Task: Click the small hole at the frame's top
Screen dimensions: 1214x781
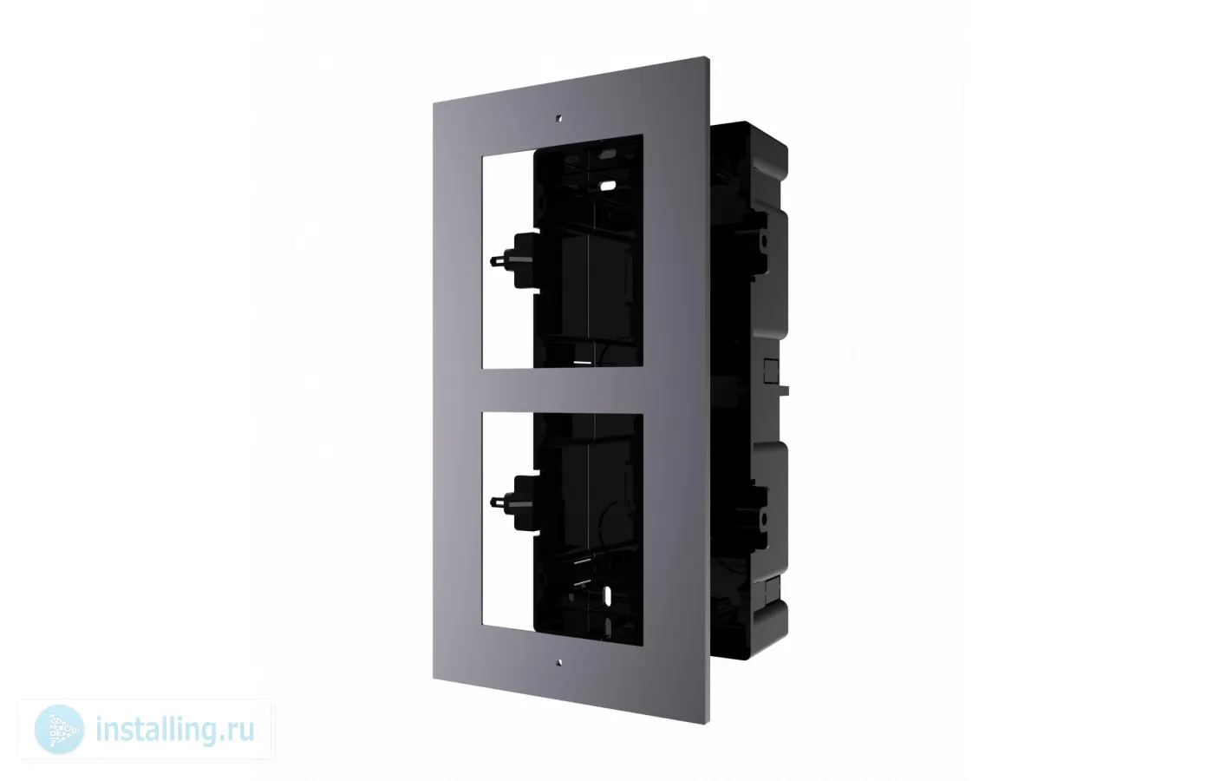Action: (x=560, y=118)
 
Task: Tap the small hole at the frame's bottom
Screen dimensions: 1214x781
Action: (x=560, y=662)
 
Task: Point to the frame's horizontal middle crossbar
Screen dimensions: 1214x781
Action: (x=563, y=390)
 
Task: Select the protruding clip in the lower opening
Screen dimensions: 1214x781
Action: (x=515, y=502)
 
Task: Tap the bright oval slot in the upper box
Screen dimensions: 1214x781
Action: (x=608, y=186)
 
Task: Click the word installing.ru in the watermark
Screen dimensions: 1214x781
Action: (x=175, y=730)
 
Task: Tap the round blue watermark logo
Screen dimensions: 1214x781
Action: (x=59, y=730)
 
